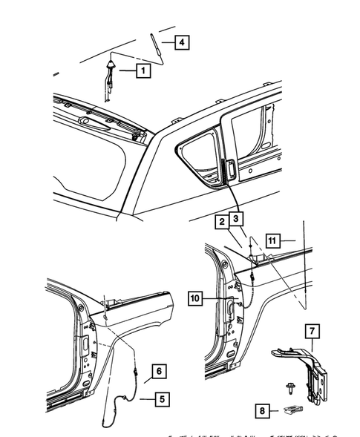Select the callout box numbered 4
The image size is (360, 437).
180,42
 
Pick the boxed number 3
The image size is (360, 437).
236,219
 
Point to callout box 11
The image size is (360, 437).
272,240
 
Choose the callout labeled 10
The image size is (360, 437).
195,298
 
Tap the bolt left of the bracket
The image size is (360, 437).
286,386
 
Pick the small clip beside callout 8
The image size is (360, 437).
292,408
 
